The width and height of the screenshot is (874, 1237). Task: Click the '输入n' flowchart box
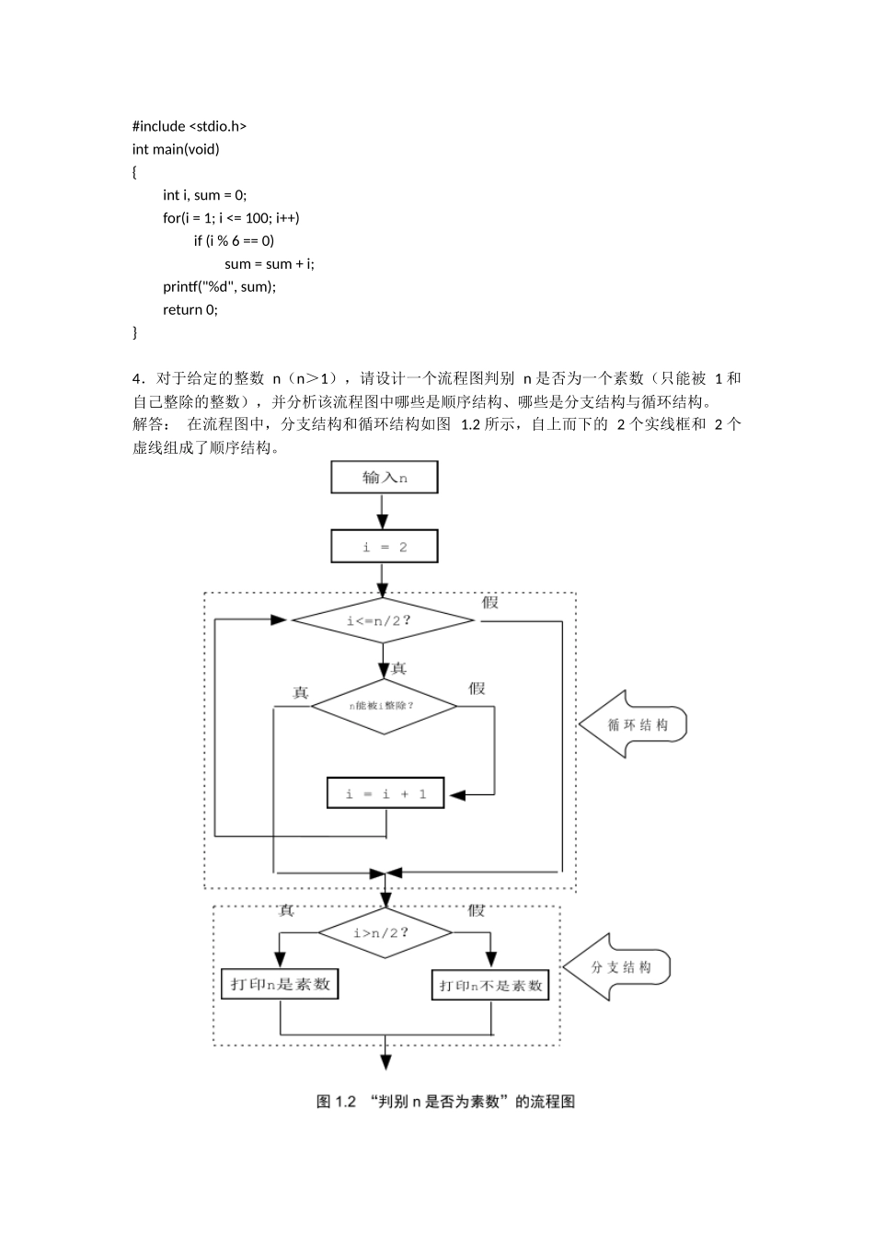point(384,478)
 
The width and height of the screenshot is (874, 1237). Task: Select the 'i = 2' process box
point(384,547)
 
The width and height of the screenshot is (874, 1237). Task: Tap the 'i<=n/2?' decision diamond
point(383,619)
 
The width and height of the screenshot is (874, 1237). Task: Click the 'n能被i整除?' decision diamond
point(384,706)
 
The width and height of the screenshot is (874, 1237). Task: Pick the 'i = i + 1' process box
point(385,793)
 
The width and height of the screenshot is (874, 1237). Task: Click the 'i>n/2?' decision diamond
point(385,932)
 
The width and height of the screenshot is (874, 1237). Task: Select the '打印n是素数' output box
point(280,984)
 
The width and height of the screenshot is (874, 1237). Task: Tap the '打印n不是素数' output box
point(490,985)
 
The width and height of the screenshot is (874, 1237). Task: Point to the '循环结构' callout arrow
point(633,724)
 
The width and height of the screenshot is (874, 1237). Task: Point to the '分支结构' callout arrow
point(617,967)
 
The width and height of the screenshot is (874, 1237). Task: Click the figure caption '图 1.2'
point(336,1102)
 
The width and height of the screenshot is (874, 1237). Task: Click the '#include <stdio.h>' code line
point(190,126)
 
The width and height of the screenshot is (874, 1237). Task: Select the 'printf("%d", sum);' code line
point(220,286)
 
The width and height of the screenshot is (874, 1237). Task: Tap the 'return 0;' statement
point(190,309)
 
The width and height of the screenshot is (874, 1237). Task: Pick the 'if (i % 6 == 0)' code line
point(234,240)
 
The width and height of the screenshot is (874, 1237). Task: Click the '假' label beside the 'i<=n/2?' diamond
point(490,602)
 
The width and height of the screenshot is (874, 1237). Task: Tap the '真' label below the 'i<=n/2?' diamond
point(399,668)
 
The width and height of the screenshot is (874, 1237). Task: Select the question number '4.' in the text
point(140,378)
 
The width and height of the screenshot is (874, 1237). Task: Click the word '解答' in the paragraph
point(147,424)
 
